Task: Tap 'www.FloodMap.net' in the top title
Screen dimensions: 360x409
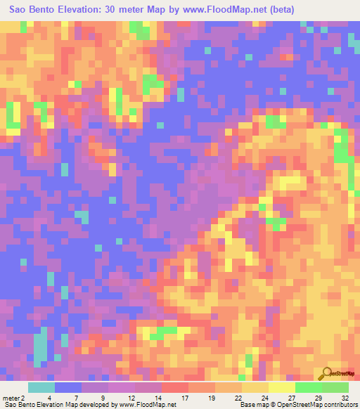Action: tap(214, 8)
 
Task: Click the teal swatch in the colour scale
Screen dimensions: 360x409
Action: tap(41, 387)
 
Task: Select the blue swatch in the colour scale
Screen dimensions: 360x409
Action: tap(68, 387)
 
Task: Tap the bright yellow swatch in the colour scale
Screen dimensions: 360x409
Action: tap(281, 387)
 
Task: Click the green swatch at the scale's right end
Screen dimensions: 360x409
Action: tap(335, 387)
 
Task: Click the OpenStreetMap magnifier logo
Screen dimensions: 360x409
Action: tap(327, 374)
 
